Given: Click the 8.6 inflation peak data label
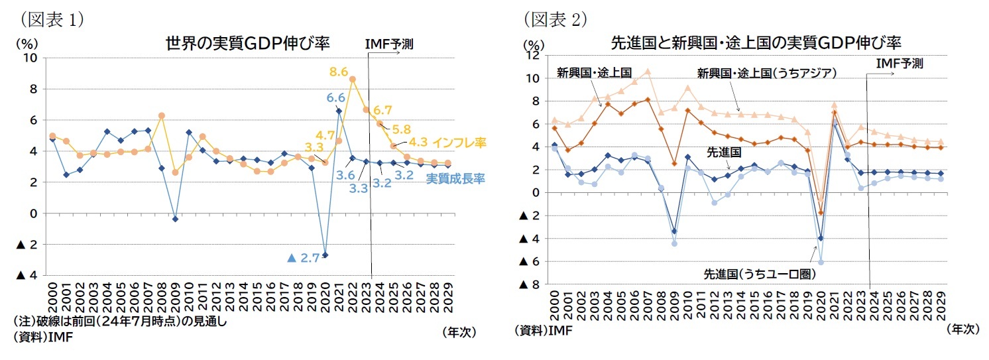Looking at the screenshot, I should (x=339, y=70).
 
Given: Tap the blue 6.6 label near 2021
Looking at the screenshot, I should (x=335, y=98).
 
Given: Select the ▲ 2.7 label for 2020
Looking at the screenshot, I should (x=304, y=258).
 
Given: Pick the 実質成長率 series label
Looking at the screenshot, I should (x=454, y=178).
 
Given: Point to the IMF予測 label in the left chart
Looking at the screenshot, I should (x=389, y=44).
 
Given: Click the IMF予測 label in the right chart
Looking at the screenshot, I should (x=899, y=64).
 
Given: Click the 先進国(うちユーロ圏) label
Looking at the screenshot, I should (x=758, y=274).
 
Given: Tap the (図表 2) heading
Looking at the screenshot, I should (x=555, y=19).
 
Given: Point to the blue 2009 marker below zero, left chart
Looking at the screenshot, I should (x=175, y=219).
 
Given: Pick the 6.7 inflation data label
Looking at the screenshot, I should (x=384, y=109).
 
